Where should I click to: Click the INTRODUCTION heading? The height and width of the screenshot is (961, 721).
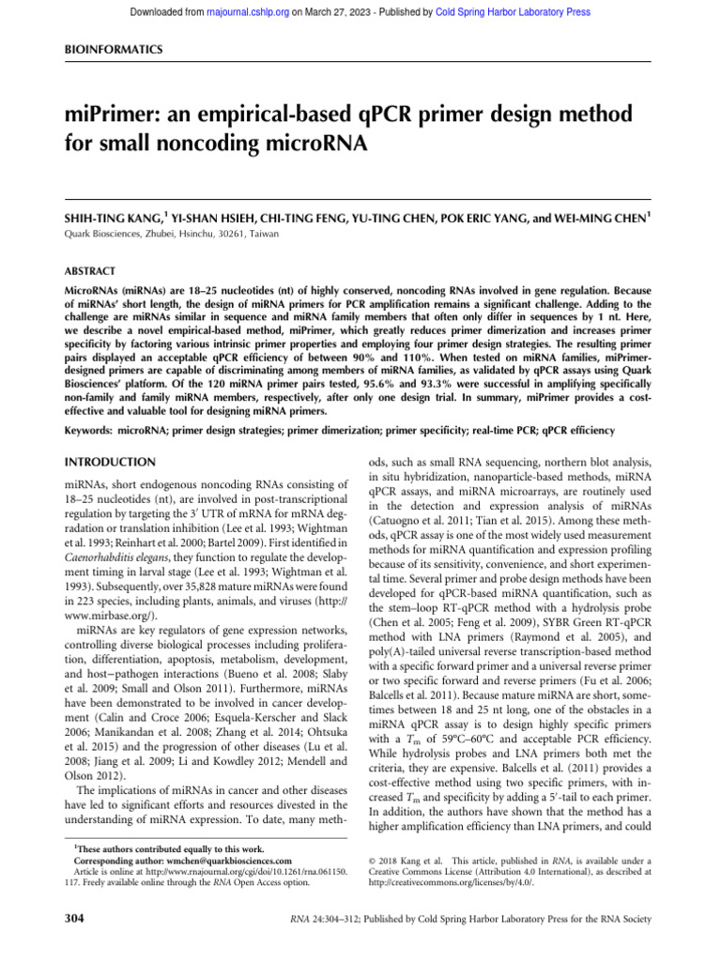pos(108,463)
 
